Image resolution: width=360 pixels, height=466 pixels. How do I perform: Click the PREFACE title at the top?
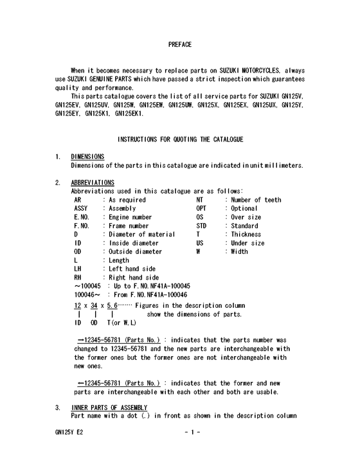[179, 44]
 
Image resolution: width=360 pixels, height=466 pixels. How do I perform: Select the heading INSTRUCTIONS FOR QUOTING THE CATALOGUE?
[179, 139]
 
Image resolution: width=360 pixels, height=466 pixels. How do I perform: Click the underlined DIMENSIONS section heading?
[87, 156]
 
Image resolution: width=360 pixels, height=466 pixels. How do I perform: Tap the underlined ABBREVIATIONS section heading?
[93, 183]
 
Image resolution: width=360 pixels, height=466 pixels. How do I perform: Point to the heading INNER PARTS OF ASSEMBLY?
[109, 408]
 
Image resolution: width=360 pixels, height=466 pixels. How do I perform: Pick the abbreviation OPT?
[201, 208]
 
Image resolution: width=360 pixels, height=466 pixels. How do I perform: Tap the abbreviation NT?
[200, 200]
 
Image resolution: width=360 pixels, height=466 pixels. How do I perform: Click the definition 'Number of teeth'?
[255, 200]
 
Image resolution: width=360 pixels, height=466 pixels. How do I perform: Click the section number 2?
[58, 183]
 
